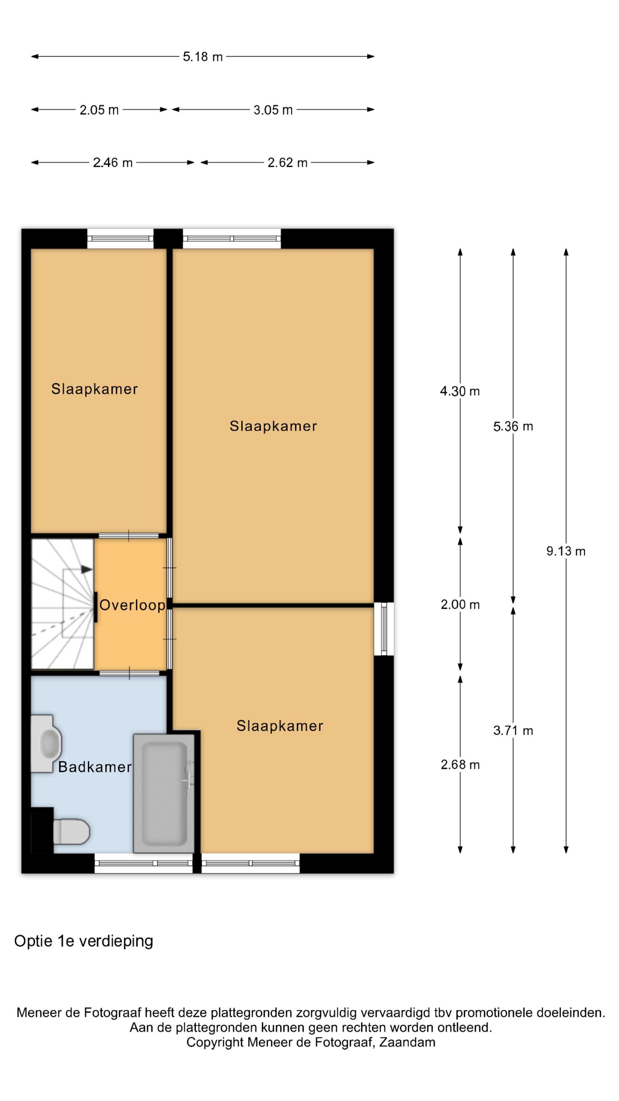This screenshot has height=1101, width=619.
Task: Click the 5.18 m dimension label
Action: pos(202,57)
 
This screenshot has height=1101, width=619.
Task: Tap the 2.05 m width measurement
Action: pos(99,110)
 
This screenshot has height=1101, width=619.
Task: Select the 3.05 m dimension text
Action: pos(273,110)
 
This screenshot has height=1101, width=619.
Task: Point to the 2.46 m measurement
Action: pos(113,163)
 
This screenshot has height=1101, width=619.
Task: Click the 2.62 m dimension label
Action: pos(287,163)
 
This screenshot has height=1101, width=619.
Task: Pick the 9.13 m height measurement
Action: pos(565,551)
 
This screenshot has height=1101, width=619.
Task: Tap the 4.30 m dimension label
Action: pos(460,391)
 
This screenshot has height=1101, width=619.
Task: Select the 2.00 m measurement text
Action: pos(460,605)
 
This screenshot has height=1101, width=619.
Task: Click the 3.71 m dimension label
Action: pos(513,730)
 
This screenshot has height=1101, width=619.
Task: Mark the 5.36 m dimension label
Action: pos(513,426)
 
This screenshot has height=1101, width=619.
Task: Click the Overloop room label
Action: pos(132,605)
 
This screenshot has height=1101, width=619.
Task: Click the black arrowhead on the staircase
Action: pos(87,569)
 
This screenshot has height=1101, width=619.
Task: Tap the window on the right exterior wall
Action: pos(384,628)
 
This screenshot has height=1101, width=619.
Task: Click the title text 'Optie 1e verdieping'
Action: pos(84,941)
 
